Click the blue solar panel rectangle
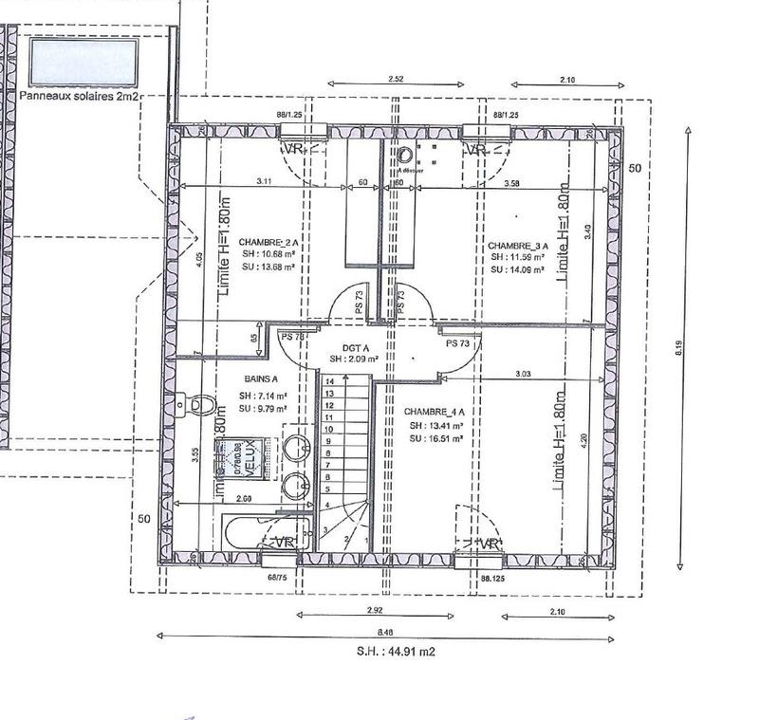coord(83,62)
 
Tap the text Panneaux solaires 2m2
coord(80,96)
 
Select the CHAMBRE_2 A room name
coord(266,243)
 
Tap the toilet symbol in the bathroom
coord(196,405)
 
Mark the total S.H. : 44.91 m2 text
coord(397,652)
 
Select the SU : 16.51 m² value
coord(436,440)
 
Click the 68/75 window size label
coord(277,577)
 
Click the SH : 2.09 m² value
coord(355,360)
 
